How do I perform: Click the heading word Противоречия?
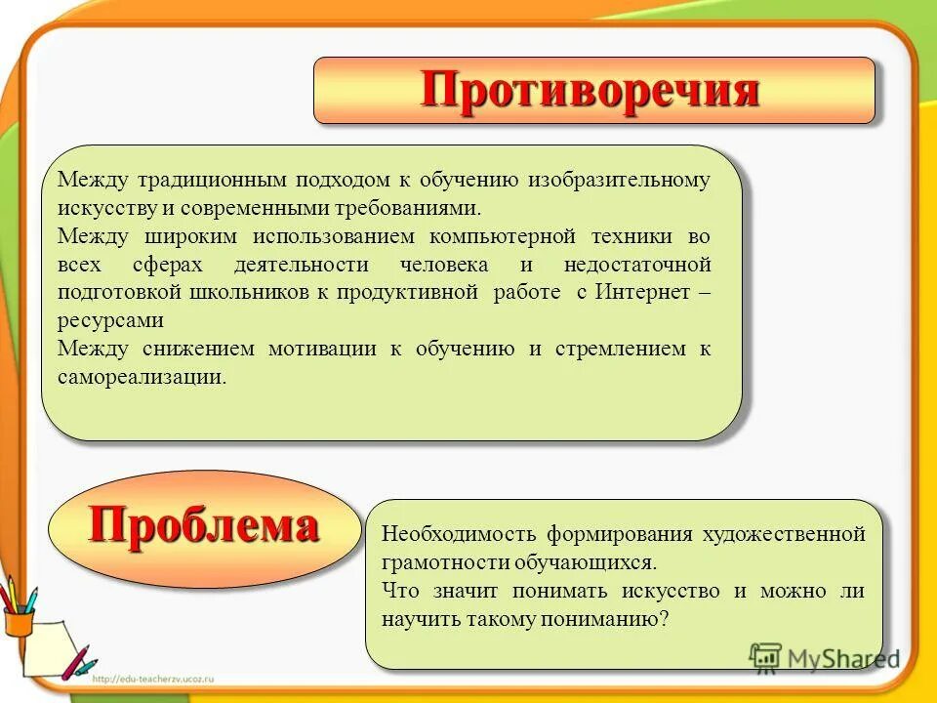point(591,90)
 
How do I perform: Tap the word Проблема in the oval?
point(203,527)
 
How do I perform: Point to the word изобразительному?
point(620,181)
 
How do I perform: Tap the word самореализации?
point(141,377)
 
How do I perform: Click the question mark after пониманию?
point(664,619)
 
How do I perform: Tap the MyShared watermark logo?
point(824,658)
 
